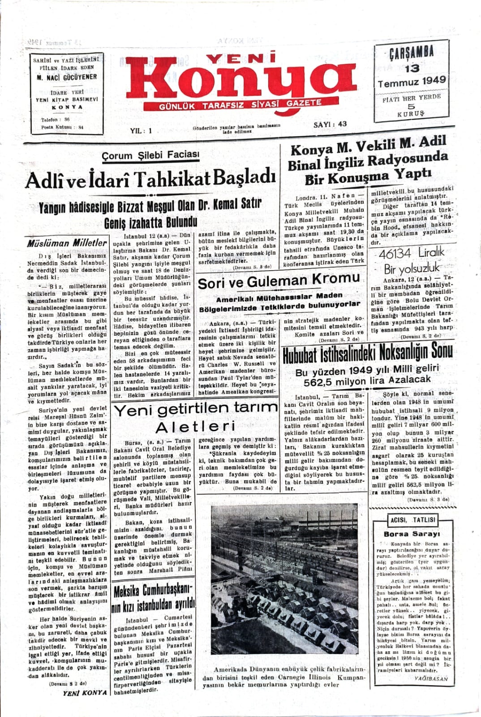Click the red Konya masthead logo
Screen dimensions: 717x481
pyautogui.click(x=242, y=78)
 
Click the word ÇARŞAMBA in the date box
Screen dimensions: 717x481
pyautogui.click(x=411, y=52)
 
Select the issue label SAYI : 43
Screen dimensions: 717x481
pyautogui.click(x=330, y=124)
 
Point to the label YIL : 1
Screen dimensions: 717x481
pyautogui.click(x=141, y=131)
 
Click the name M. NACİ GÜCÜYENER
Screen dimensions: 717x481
pyautogui.click(x=67, y=77)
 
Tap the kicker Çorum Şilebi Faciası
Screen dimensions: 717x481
pyautogui.click(x=150, y=155)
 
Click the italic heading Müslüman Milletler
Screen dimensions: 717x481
pyautogui.click(x=67, y=243)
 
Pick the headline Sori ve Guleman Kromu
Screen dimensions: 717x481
pyautogui.click(x=279, y=281)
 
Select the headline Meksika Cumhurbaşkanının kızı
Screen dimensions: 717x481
pyautogui.click(x=154, y=598)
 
